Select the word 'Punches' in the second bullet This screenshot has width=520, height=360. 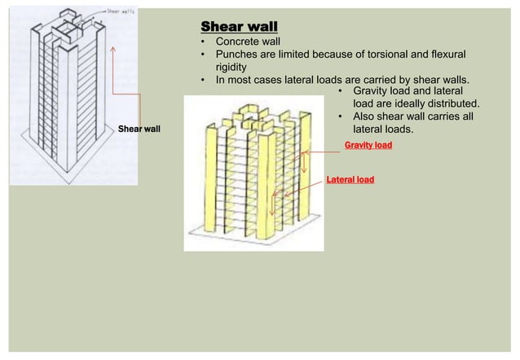pyautogui.click(x=236, y=54)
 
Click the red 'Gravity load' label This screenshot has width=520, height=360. pyautogui.click(x=368, y=145)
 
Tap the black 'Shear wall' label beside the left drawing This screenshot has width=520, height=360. pyautogui.click(x=139, y=129)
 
